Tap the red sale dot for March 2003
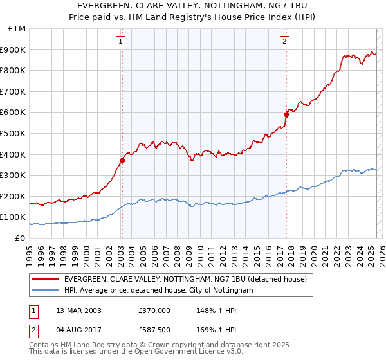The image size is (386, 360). pyautogui.click(x=122, y=160)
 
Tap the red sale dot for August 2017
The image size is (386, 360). pyautogui.click(x=286, y=114)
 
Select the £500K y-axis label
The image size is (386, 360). pyautogui.click(x=14, y=134)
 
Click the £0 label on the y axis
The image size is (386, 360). pyautogui.click(x=20, y=238)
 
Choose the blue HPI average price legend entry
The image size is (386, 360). pyautogui.click(x=158, y=291)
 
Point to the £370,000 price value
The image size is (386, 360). pyautogui.click(x=154, y=310)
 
